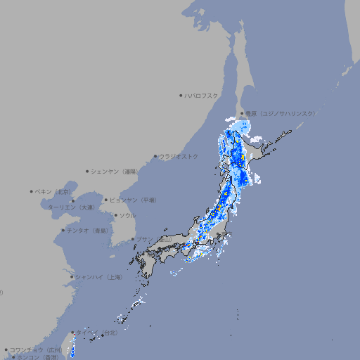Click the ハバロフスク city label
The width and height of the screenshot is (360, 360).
click(202, 95)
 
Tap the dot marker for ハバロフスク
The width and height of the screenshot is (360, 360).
click(181, 95)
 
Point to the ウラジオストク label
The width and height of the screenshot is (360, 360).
click(179, 156)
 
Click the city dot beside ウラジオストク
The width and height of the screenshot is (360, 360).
click(155, 156)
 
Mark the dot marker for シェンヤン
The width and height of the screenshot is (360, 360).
click(88, 171)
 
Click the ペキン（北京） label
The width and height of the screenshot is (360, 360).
click(54, 191)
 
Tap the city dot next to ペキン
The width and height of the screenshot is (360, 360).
click(32, 191)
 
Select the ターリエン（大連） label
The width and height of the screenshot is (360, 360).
click(70, 208)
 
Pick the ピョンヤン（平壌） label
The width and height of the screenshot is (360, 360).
click(133, 200)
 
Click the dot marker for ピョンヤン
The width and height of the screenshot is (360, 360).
click(106, 200)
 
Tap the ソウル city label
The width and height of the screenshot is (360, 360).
click(127, 215)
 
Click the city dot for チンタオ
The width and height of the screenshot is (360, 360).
click(63, 230)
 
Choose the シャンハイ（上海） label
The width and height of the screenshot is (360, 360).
click(98, 277)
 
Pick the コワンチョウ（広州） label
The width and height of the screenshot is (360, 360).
click(36, 349)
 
